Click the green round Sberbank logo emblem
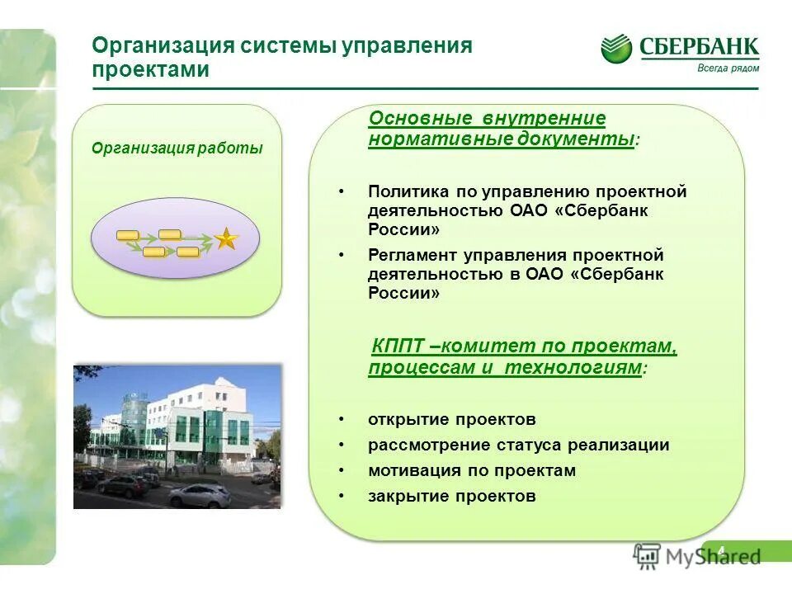(615, 49)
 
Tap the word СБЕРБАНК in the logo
(699, 47)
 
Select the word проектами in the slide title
(150, 70)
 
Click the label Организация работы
(177, 148)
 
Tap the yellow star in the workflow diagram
(225, 239)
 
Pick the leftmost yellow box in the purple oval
(128, 236)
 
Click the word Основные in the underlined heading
(420, 119)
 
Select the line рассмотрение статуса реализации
(518, 445)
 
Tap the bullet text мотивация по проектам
(471, 470)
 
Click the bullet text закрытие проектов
(451, 496)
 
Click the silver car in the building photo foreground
(200, 495)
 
